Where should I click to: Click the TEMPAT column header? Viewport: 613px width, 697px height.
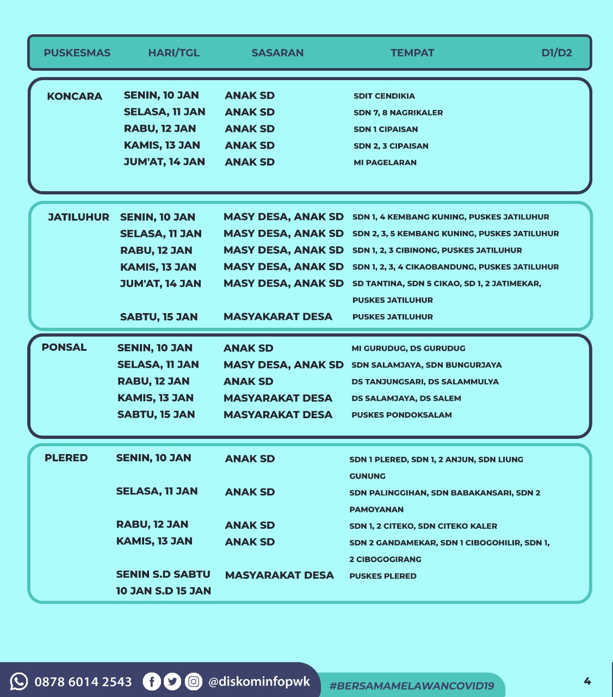click(x=412, y=53)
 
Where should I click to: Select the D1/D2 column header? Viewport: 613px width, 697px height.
click(x=556, y=53)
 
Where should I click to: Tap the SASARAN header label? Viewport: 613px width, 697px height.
click(x=277, y=53)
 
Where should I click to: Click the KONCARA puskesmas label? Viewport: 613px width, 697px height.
click(x=75, y=96)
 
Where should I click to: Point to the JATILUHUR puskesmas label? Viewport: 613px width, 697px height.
click(x=78, y=217)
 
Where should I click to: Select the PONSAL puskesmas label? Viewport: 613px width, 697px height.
click(x=64, y=347)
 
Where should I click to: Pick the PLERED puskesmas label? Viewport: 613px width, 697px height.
click(x=66, y=458)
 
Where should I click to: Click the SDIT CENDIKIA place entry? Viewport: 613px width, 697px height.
click(x=384, y=96)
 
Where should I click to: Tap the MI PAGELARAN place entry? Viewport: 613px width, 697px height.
click(x=385, y=162)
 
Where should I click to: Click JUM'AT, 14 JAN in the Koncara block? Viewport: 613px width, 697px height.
click(x=164, y=162)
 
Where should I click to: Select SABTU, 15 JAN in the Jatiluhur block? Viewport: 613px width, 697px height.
click(x=159, y=317)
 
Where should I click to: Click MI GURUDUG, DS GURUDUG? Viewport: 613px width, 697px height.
click(x=408, y=348)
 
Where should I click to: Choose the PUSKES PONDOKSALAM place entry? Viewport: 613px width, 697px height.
click(x=401, y=415)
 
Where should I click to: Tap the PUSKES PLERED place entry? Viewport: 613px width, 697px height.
click(x=383, y=576)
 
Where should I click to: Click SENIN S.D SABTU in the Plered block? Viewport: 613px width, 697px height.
click(x=163, y=574)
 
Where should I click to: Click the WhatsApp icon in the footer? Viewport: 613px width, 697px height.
click(x=19, y=681)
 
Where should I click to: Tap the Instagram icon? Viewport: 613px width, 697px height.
click(x=193, y=681)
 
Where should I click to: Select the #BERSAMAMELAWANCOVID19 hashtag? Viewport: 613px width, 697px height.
click(x=412, y=686)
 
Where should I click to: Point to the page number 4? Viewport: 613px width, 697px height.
click(x=587, y=681)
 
